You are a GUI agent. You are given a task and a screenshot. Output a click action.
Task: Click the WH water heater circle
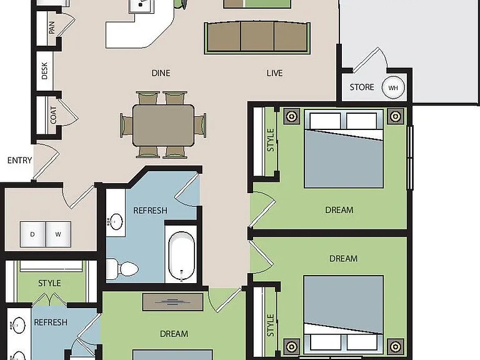tap(393, 87)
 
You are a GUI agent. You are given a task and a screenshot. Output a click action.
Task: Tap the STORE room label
tap(362, 87)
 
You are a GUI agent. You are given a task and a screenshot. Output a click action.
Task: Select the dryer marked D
tap(32, 234)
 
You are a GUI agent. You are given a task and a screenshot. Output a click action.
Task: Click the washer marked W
tap(58, 234)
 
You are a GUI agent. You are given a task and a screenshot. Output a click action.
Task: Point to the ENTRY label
tap(19, 160)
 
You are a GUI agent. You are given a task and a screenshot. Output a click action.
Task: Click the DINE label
tap(161, 73)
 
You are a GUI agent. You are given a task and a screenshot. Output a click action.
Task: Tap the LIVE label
tap(274, 73)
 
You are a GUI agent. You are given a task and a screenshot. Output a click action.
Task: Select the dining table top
tap(163, 125)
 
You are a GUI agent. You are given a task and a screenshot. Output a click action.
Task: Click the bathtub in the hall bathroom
tap(181, 256)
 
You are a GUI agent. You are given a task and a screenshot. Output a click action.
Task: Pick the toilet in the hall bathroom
tap(122, 269)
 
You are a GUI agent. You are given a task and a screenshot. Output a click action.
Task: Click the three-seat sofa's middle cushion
tap(257, 36)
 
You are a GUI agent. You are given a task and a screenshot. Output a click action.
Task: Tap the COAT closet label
tap(53, 115)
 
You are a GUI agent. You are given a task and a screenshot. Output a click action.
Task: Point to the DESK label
tap(44, 71)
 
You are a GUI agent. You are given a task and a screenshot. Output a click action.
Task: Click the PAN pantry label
tap(52, 27)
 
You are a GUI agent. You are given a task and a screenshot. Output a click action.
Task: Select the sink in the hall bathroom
tap(116, 221)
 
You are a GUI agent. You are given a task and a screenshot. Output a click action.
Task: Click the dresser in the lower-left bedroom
tap(172, 302)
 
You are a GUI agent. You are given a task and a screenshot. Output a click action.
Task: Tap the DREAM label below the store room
tap(339, 210)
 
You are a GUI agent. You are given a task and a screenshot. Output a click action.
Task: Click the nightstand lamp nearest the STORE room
tap(396, 116)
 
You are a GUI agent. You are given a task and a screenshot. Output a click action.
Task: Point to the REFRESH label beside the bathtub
tap(150, 211)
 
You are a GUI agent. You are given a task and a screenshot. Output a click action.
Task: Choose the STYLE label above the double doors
tap(49, 283)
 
